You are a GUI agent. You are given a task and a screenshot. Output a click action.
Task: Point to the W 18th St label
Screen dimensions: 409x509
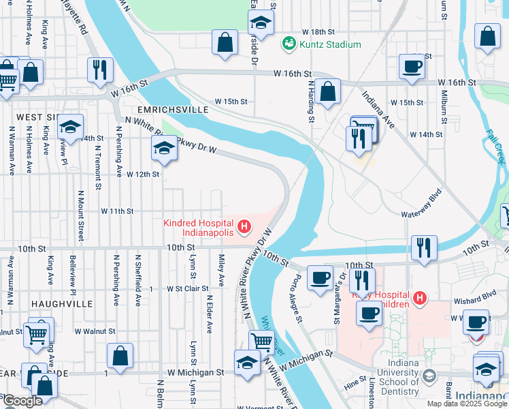(319, 32)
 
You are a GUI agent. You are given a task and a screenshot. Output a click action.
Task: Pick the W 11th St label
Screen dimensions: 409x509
(117, 211)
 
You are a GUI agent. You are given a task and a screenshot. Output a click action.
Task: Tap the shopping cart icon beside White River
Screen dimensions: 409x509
(261, 342)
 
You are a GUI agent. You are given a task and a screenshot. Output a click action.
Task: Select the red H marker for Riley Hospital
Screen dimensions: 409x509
(420, 298)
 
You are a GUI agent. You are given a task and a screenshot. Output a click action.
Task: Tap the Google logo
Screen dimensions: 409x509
(22, 401)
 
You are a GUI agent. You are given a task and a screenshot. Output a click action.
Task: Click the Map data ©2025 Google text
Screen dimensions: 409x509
(466, 404)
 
